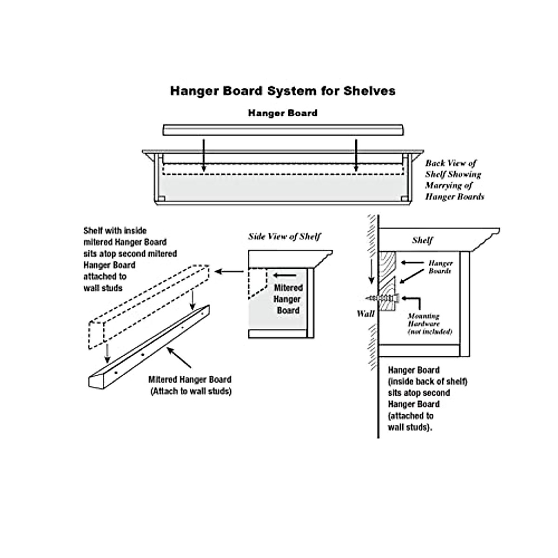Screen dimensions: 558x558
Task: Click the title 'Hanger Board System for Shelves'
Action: coord(283,90)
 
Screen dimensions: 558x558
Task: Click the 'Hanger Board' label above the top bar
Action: coord(283,113)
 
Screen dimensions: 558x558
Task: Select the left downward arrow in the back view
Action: coord(203,155)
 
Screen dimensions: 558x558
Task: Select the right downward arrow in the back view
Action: coord(356,155)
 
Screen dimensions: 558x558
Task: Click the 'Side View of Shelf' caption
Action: coord(285,237)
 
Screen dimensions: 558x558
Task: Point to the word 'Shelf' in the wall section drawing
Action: coord(422,240)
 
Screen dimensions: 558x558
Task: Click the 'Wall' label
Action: coord(365,313)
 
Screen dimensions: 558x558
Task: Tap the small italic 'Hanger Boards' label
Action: coord(440,267)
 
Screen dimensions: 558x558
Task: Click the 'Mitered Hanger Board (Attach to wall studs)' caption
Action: coord(191,385)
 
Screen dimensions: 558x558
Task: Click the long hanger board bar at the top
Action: coord(283,129)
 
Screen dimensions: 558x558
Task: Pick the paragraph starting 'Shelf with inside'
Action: coord(129,259)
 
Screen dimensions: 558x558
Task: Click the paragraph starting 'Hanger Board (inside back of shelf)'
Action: coord(427,399)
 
